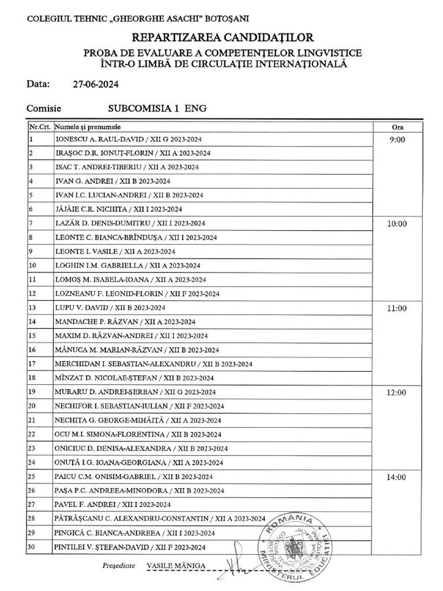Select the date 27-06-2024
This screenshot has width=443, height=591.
pos(96,84)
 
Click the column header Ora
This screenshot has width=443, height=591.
pos(397,127)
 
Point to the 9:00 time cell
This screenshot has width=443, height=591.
pos(397,140)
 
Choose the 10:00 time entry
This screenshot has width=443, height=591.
pos(397,224)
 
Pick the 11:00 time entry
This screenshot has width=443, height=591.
pos(397,308)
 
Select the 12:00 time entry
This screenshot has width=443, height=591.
pos(397,392)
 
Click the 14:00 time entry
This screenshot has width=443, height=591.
pos(397,477)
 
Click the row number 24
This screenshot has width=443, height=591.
pos(32,462)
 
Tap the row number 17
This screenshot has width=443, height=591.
pos(32,364)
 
